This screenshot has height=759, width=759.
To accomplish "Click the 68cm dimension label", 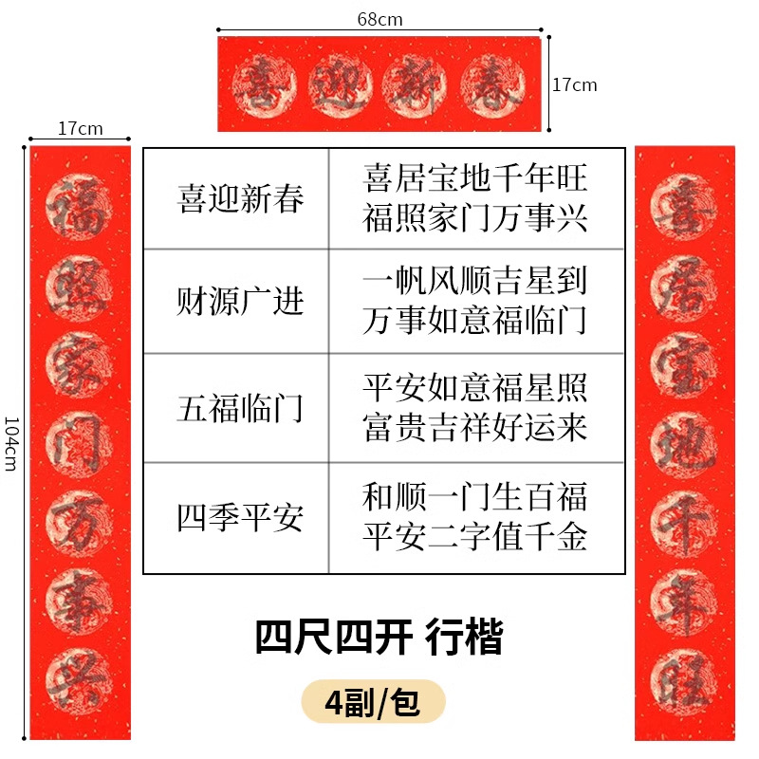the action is (379, 19).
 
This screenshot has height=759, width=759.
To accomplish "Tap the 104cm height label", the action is (11, 442).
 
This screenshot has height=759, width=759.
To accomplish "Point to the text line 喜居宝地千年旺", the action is (475, 177).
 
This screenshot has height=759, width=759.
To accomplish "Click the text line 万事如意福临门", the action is (475, 322).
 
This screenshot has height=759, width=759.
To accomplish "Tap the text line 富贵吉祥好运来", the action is (475, 429).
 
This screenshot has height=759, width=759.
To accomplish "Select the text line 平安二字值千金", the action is (475, 538).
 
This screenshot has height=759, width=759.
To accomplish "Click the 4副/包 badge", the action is (372, 703).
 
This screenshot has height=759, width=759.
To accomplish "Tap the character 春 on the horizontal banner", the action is (493, 83).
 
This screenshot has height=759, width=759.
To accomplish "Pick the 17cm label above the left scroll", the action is (80, 129).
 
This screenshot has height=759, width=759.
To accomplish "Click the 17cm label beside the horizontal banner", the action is (575, 84).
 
